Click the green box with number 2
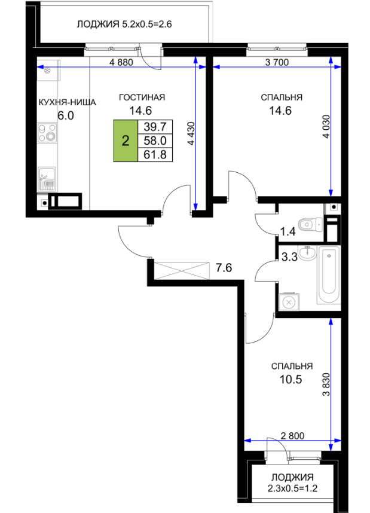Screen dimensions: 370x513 click(x=126, y=141)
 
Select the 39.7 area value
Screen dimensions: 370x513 click(x=155, y=126)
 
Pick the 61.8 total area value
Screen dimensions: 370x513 click(x=155, y=154)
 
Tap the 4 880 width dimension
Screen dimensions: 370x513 click(x=121, y=62)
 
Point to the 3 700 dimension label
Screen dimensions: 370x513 click(x=277, y=62)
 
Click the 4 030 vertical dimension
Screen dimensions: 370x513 click(x=326, y=126)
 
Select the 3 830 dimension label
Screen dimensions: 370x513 click(x=326, y=385)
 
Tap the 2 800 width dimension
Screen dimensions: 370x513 click(x=292, y=436)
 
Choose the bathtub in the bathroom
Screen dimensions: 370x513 click(x=329, y=275)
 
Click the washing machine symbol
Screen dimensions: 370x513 click(x=289, y=302)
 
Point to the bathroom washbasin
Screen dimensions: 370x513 click(x=308, y=254)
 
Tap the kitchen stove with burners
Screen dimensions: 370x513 click(x=47, y=133)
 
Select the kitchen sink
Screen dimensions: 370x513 click(x=47, y=179)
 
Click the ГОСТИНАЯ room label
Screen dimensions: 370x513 click(x=142, y=97)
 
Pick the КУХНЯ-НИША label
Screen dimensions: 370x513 click(x=68, y=102)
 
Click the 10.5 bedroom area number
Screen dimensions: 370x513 click(x=291, y=380)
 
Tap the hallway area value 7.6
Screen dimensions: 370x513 click(x=224, y=268)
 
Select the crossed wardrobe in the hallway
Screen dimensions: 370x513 click(x=181, y=271)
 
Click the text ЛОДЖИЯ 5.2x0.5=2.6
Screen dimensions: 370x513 click(x=124, y=24)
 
